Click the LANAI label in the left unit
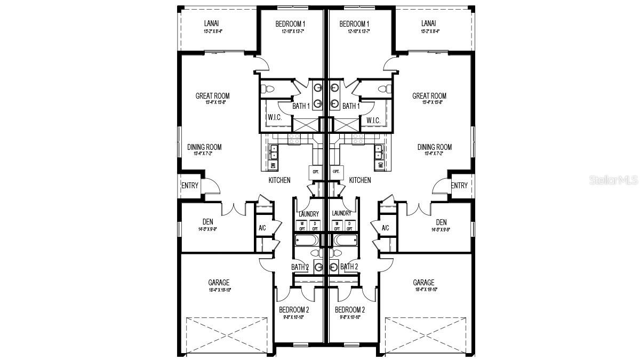pos(211,23)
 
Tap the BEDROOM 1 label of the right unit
pos(355,24)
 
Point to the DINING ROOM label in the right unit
pos(434,147)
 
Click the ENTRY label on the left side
pos(190,186)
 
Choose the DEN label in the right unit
pos(441,222)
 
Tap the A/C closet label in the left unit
pos(262,228)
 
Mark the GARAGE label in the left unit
pos(219,283)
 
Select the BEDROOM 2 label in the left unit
pos(294,310)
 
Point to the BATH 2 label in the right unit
pos(349,267)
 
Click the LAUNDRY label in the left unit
pos(309,213)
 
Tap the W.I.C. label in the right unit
pos(373,120)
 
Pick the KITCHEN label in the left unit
pos(279,180)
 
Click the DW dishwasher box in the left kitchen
pos(273,166)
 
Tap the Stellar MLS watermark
pos(613,181)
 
